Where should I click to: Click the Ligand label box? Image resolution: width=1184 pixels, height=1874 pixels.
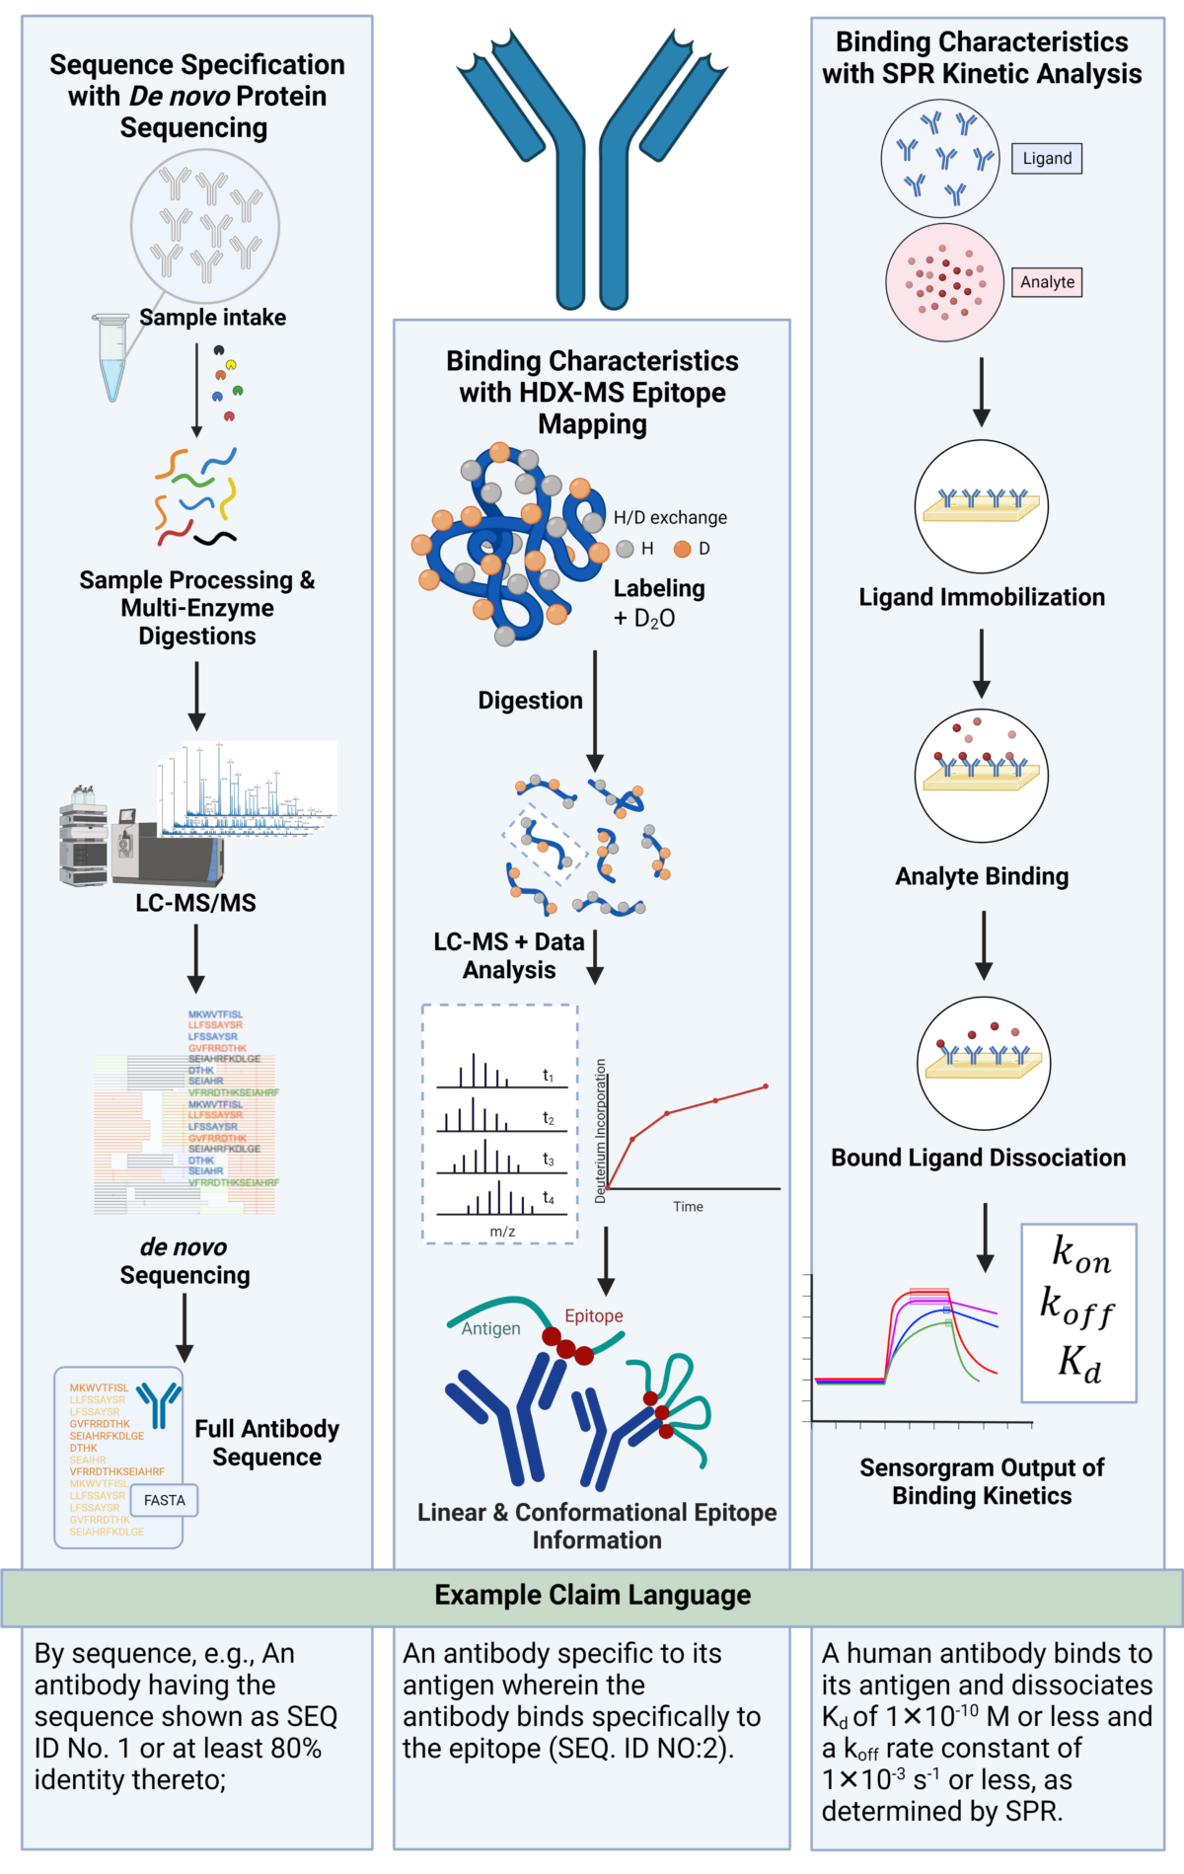pos(1046,158)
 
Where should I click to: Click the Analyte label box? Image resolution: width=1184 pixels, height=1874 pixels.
pos(1047,282)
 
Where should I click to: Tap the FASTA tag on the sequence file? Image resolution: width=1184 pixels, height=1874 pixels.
pos(165,1500)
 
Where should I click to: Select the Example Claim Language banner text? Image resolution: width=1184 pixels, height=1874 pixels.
pos(592,1596)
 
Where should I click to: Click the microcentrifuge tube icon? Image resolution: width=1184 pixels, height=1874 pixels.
pos(111,357)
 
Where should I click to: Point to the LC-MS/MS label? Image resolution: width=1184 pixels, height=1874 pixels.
pos(195,903)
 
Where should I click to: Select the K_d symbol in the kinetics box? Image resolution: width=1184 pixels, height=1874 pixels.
pos(1079,1364)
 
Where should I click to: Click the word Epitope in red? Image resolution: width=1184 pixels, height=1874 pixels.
pos(593,1315)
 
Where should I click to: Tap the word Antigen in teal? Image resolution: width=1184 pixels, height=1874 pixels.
pos(490,1328)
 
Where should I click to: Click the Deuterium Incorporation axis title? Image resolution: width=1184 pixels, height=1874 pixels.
pos(600,1131)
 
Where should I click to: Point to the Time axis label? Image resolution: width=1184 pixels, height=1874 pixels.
pos(688,1207)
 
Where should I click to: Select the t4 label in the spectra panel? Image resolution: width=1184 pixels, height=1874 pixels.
pos(549,1198)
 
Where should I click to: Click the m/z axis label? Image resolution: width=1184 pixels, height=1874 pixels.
pos(502,1232)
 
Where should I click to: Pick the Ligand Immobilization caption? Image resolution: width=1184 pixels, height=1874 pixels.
pos(981,597)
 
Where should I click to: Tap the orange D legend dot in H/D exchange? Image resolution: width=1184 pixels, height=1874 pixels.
pos(682,549)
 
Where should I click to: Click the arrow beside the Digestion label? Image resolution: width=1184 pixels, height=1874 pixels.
pos(595,711)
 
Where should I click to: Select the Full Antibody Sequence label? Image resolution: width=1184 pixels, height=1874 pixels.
pos(266,1443)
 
